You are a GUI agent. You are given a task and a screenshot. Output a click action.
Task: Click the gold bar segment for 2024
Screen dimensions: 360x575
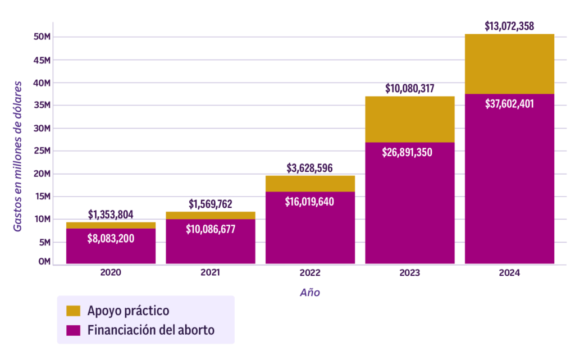[509, 63]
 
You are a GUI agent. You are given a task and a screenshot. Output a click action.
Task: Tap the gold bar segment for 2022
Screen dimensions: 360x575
[310, 184]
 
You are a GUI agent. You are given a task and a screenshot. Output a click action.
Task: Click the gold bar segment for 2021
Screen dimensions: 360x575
[210, 216]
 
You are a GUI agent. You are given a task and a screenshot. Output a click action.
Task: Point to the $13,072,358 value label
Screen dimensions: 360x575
[509, 26]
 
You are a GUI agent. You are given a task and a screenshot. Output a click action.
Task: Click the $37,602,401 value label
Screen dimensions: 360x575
[509, 104]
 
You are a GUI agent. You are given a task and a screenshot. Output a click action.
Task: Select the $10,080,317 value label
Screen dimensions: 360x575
[409, 89]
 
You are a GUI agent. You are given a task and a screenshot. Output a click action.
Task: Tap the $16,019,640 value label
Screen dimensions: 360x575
[310, 202]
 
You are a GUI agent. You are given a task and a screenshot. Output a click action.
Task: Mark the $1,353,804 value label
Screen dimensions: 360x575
[111, 215]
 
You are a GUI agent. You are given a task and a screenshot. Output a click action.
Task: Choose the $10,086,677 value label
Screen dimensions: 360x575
[210, 229]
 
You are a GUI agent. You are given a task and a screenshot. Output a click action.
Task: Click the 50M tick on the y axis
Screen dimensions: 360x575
[43, 37]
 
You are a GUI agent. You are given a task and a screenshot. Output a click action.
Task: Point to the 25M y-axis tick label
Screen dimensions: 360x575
[43, 151]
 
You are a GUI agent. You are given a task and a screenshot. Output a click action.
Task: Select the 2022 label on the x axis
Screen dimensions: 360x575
[310, 273]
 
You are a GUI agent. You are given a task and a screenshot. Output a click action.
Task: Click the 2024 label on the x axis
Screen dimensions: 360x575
[509, 273]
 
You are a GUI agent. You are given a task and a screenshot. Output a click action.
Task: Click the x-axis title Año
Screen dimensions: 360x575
[310, 293]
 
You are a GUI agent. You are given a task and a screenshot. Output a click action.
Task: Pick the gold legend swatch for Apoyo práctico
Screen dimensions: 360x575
[73, 311]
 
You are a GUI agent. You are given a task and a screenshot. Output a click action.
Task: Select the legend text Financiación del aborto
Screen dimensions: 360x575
[150, 330]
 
